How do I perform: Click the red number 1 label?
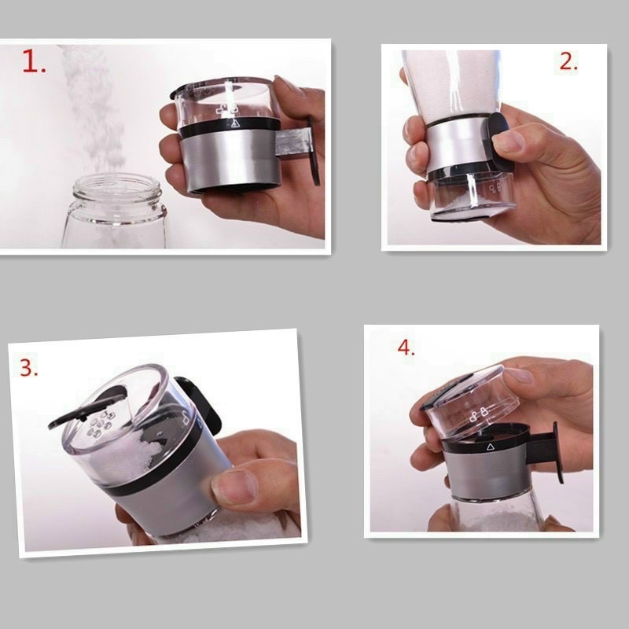[33, 62]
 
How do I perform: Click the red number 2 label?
[568, 63]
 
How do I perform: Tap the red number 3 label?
[29, 367]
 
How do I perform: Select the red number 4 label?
[406, 347]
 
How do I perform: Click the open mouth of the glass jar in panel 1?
[117, 189]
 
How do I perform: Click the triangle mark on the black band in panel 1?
[234, 124]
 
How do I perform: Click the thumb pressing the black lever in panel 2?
[507, 142]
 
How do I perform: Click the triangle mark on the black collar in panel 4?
[490, 446]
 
